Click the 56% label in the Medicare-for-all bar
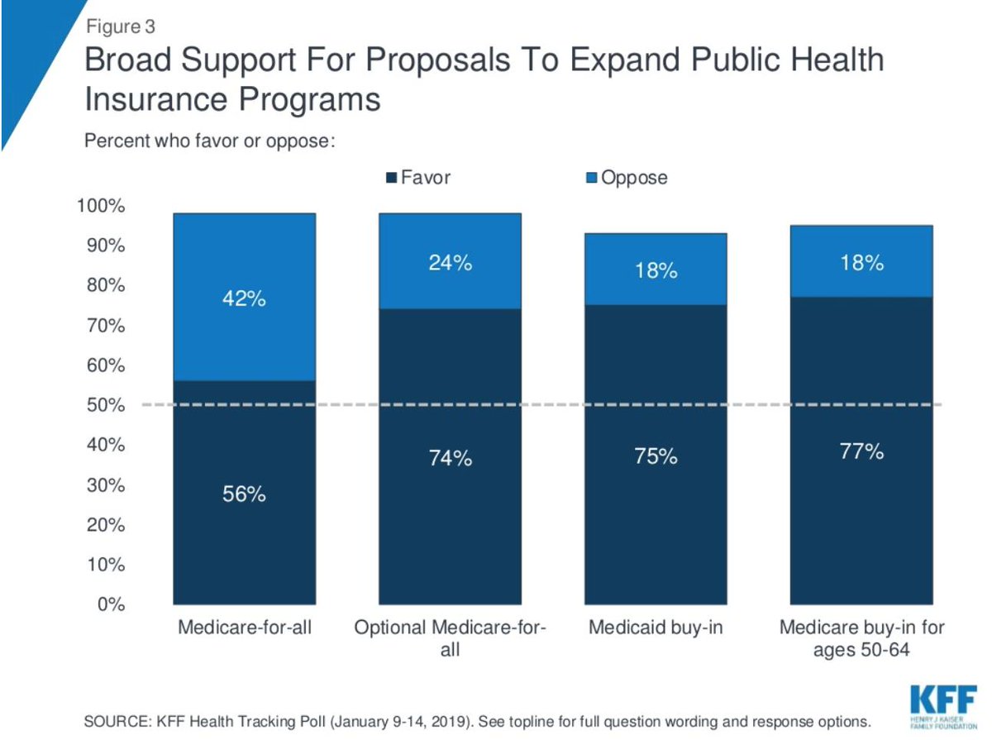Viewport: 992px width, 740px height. point(243,494)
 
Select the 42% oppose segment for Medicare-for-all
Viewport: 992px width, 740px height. point(243,298)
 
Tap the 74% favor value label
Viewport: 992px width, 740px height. point(450,458)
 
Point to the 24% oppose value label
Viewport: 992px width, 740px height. point(450,263)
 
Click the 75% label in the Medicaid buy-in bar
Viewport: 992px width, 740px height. point(656,456)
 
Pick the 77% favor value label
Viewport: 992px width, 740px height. point(862,452)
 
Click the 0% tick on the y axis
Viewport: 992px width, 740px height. point(112,604)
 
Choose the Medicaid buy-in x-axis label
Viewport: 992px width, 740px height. point(656,628)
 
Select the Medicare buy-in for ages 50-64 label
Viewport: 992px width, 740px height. point(861,638)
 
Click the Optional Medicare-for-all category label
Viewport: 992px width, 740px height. point(450,638)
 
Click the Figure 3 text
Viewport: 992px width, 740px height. point(120,27)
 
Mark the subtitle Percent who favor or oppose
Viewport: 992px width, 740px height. point(209,141)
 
